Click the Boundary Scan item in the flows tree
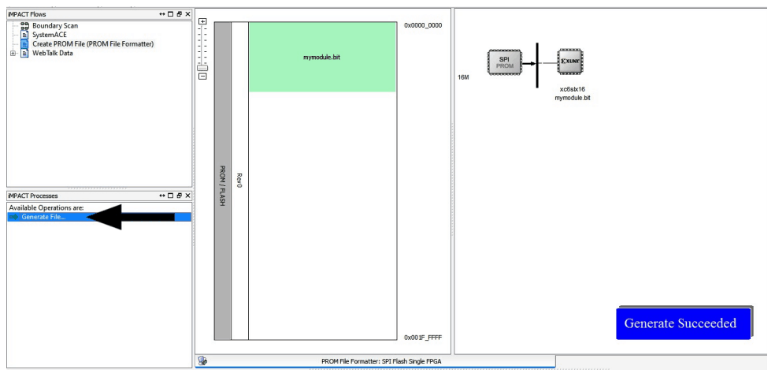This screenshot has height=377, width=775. coord(54,25)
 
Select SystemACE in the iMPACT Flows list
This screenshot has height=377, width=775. coord(50,35)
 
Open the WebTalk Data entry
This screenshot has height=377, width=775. coord(52,54)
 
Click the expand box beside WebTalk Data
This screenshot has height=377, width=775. coord(12,54)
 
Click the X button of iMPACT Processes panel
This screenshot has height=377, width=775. coord(187,196)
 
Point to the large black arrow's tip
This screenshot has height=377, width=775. coord(89,215)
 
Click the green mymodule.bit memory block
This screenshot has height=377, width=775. coord(322,57)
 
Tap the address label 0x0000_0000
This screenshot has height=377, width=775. coord(423,25)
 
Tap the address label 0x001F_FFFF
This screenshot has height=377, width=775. coord(423,338)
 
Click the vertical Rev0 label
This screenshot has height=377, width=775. coord(239,181)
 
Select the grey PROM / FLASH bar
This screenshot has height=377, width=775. coord(223,181)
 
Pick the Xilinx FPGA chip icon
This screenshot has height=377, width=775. coord(569,62)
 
